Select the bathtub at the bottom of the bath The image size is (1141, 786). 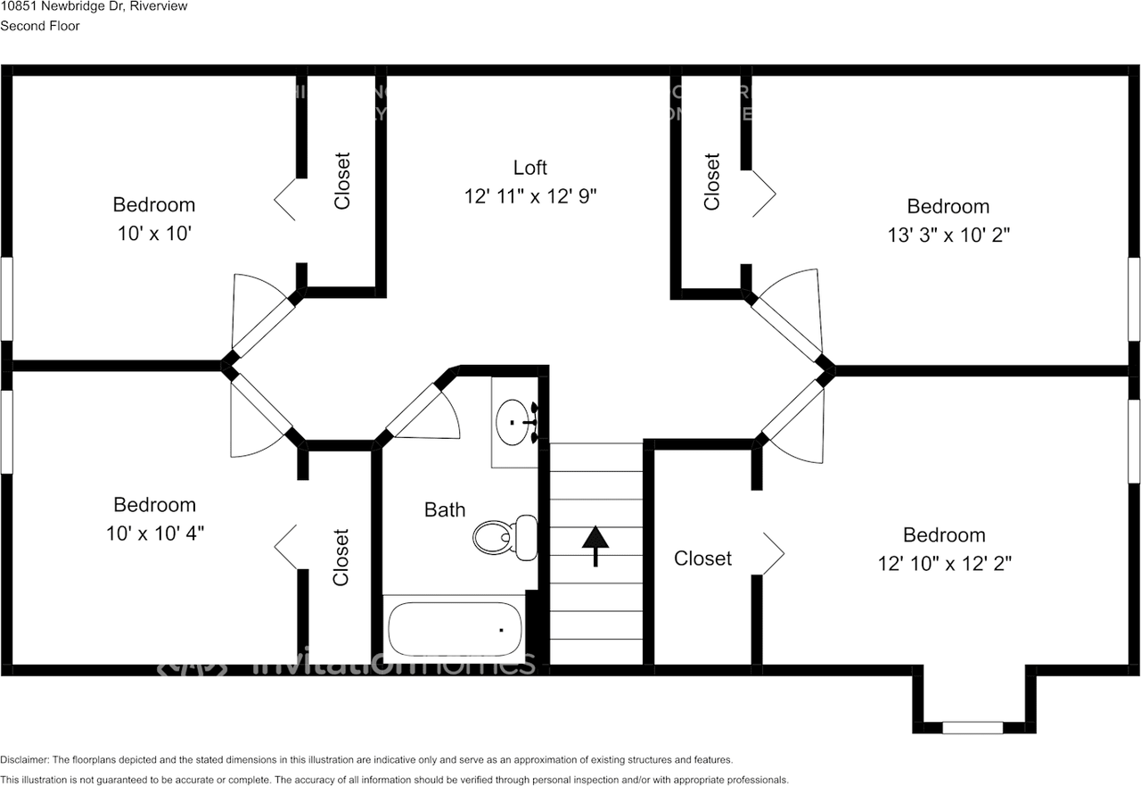[x=456, y=629]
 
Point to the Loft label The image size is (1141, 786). [x=530, y=168]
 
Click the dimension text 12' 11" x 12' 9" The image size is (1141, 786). [x=530, y=196]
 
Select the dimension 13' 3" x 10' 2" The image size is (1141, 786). [x=948, y=235]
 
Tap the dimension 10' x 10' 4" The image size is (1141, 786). [x=154, y=534]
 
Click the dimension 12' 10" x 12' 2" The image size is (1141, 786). [x=944, y=564]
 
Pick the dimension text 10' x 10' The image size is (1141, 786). [x=154, y=234]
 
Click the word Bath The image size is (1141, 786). [x=444, y=509]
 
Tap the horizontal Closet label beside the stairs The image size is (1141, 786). [x=702, y=558]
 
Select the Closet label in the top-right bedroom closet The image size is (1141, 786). [x=711, y=182]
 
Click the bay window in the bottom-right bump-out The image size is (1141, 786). [x=973, y=727]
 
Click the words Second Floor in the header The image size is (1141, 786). [x=40, y=26]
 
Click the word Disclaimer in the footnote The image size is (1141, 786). [x=24, y=760]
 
